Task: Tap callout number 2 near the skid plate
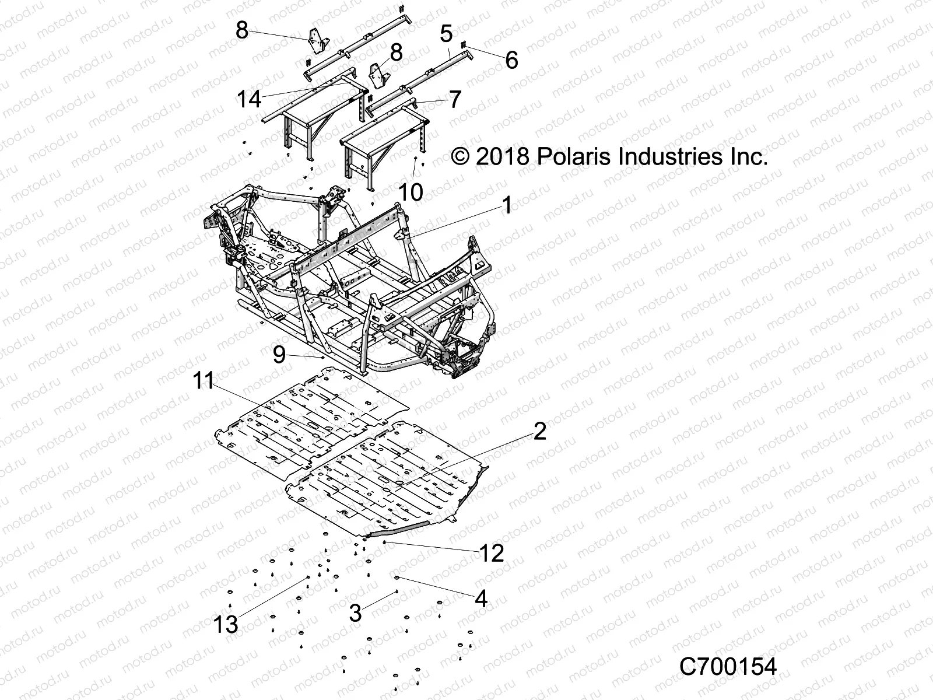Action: (x=539, y=432)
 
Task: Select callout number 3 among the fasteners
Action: (x=355, y=613)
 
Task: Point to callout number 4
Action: (x=481, y=598)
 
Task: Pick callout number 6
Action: (x=511, y=60)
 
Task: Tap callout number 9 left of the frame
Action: (x=279, y=354)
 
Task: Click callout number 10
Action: (x=412, y=192)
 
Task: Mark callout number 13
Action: (x=226, y=624)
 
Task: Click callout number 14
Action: (x=249, y=99)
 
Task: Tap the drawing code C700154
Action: (x=728, y=667)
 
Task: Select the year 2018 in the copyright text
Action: (x=502, y=156)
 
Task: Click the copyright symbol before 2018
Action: (x=461, y=157)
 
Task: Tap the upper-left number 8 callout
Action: (x=242, y=30)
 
